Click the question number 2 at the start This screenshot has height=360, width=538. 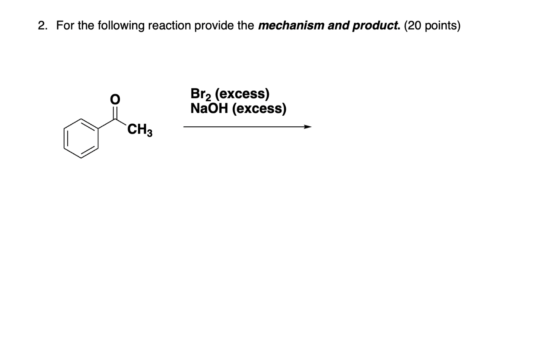pyautogui.click(x=42, y=26)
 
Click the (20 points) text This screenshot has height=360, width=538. pyautogui.click(x=432, y=26)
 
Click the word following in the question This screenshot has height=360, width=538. pyautogui.click(x=121, y=26)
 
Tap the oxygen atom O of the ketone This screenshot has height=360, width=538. pyautogui.click(x=115, y=99)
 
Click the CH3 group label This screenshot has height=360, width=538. pyautogui.click(x=140, y=130)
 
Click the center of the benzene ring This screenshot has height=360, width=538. pyautogui.click(x=81, y=138)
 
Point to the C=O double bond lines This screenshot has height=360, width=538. pyautogui.click(x=115, y=112)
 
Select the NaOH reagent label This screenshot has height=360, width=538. pyautogui.click(x=209, y=109)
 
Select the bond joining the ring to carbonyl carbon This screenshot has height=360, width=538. pyautogui.click(x=107, y=123)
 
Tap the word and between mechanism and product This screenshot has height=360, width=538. pyautogui.click(x=339, y=26)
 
